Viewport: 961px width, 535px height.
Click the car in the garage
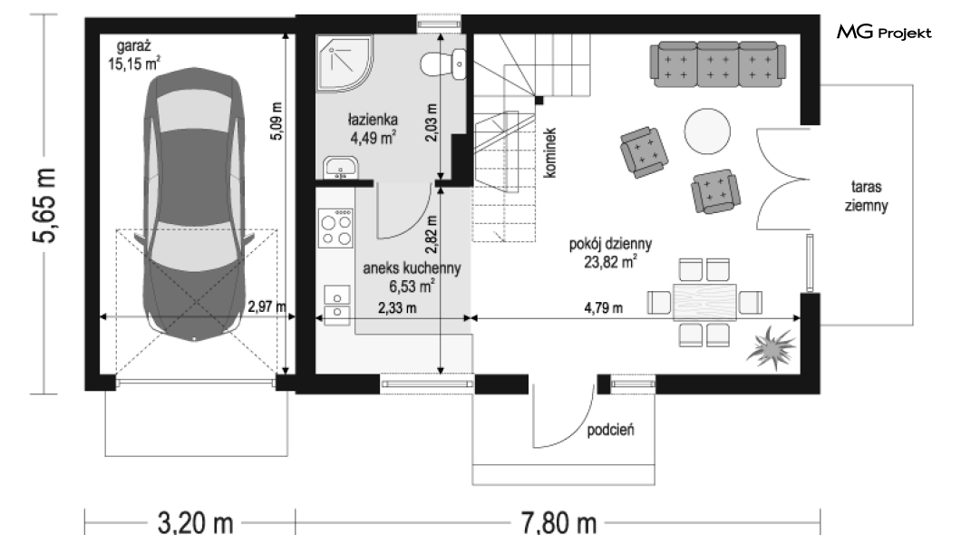(x=194, y=204)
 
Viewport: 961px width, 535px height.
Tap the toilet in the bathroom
(x=443, y=63)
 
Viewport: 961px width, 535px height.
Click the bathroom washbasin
(x=341, y=168)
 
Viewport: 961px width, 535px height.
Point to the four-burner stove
(x=335, y=228)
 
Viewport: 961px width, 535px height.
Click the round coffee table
(x=707, y=131)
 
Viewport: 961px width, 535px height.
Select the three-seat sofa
(x=718, y=64)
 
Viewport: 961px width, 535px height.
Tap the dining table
(x=704, y=303)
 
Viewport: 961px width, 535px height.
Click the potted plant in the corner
(x=771, y=348)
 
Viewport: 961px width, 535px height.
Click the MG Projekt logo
(x=884, y=32)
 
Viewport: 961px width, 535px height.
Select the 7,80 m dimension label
(x=558, y=522)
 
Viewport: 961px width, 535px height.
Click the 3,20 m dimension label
(x=196, y=522)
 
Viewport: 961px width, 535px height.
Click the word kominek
(x=549, y=152)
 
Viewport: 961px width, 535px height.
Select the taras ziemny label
(x=866, y=196)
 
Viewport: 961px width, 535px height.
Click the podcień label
(x=610, y=430)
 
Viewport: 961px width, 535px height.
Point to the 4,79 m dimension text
(x=603, y=307)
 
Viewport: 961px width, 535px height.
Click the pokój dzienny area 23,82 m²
(x=610, y=253)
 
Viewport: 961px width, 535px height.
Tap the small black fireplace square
(x=539, y=101)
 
